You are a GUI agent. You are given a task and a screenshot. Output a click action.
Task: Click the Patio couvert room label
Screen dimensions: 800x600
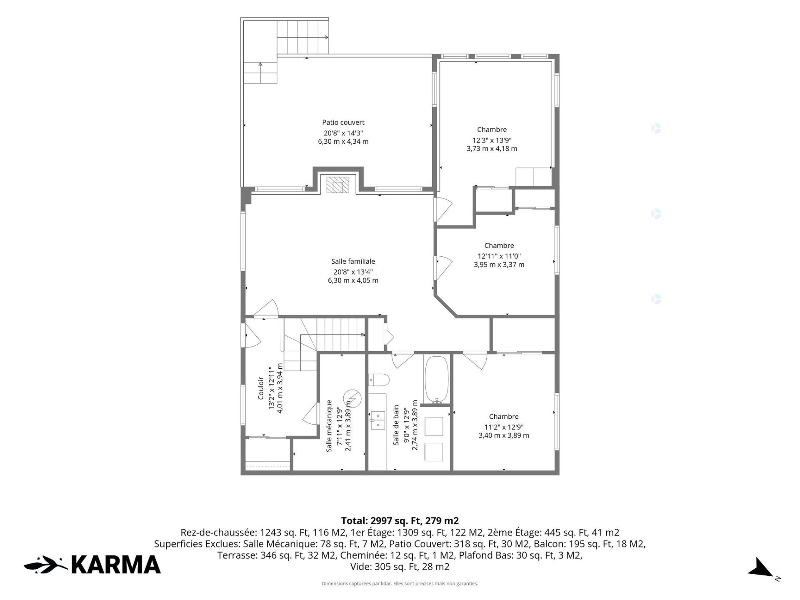click(x=343, y=122)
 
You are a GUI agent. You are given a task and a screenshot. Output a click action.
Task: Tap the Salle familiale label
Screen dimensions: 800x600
click(x=353, y=261)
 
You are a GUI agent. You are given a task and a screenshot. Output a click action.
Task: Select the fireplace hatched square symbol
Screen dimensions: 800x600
click(x=337, y=185)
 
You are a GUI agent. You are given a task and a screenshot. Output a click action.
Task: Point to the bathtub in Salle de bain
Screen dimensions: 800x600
click(x=436, y=380)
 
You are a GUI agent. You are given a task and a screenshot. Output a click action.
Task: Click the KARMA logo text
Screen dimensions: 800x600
click(x=116, y=565)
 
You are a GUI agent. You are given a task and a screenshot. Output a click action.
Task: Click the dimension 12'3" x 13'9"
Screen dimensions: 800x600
click(x=492, y=140)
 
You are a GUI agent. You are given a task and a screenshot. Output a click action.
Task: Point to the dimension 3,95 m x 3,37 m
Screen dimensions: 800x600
click(x=499, y=265)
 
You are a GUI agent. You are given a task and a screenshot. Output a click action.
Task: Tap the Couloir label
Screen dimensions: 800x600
click(x=261, y=388)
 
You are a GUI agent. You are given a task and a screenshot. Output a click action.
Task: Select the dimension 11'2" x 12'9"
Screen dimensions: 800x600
click(x=504, y=427)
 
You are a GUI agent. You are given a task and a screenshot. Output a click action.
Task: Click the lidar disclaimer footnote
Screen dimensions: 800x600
click(x=400, y=584)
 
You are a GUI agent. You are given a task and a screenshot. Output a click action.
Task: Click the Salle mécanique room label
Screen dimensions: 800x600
click(x=329, y=426)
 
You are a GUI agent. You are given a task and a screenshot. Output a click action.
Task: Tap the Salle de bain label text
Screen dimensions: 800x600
click(x=396, y=425)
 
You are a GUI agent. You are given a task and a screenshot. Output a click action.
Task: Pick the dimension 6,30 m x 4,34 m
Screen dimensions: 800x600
click(x=343, y=141)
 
